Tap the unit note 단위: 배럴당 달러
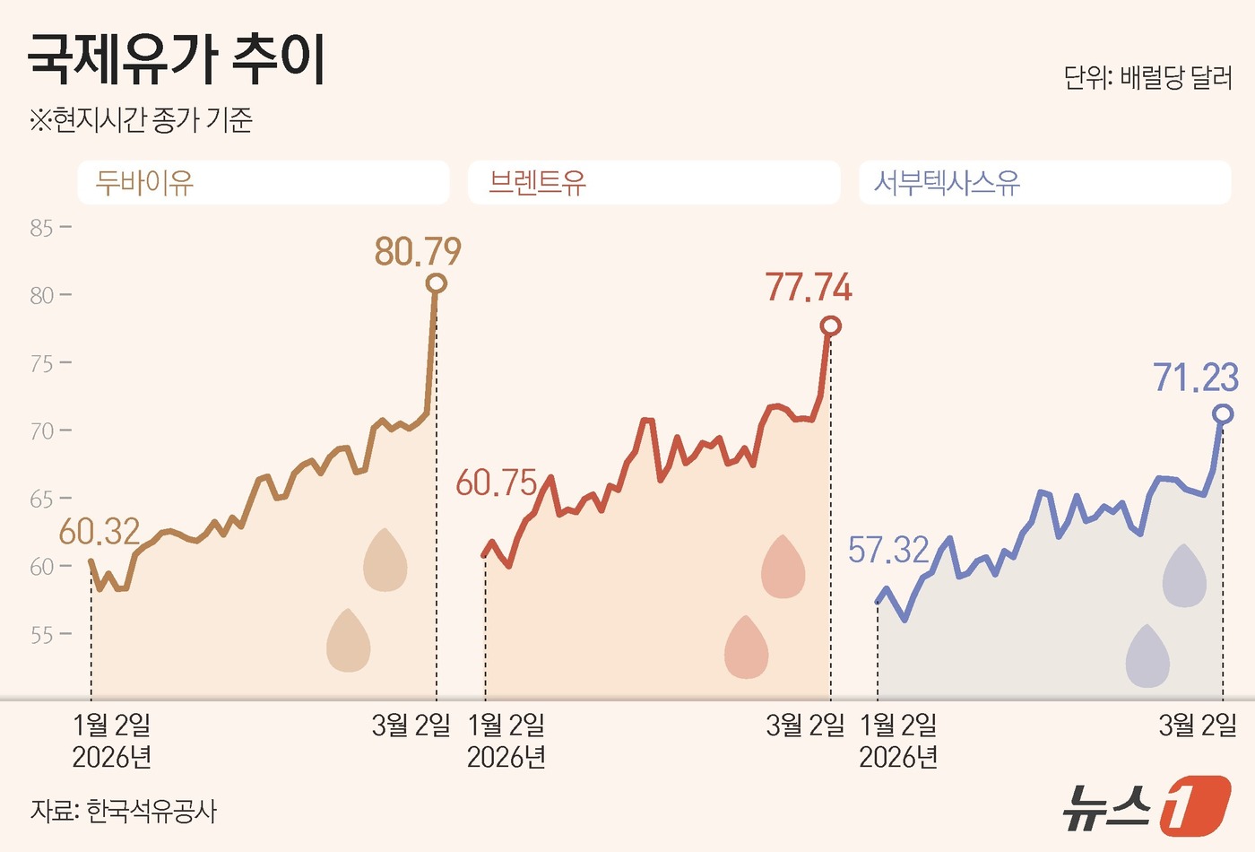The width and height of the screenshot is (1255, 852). click(1147, 78)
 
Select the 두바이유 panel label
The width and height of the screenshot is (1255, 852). click(144, 183)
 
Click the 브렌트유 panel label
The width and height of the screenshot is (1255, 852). click(537, 183)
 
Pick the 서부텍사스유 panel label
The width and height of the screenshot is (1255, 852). click(947, 183)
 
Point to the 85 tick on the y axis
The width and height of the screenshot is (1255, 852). click(42, 228)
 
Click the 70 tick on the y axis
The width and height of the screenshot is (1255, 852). click(42, 431)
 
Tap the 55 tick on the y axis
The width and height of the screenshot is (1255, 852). click(42, 635)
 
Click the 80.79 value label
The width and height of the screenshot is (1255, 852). click(418, 252)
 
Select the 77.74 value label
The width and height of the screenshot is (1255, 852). click(809, 288)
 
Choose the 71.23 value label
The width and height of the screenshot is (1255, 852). click(1196, 378)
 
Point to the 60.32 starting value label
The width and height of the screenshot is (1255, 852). click(100, 532)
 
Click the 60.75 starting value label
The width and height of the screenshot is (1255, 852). click(496, 483)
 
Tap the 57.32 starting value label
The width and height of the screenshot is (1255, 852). click(888, 550)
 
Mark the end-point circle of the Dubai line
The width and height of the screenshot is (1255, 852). click(437, 283)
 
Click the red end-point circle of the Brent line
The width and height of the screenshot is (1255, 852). click(831, 326)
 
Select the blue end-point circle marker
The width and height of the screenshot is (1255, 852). click(1223, 413)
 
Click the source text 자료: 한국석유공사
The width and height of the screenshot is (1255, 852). click(124, 811)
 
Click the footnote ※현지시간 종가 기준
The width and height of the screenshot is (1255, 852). click(141, 119)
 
